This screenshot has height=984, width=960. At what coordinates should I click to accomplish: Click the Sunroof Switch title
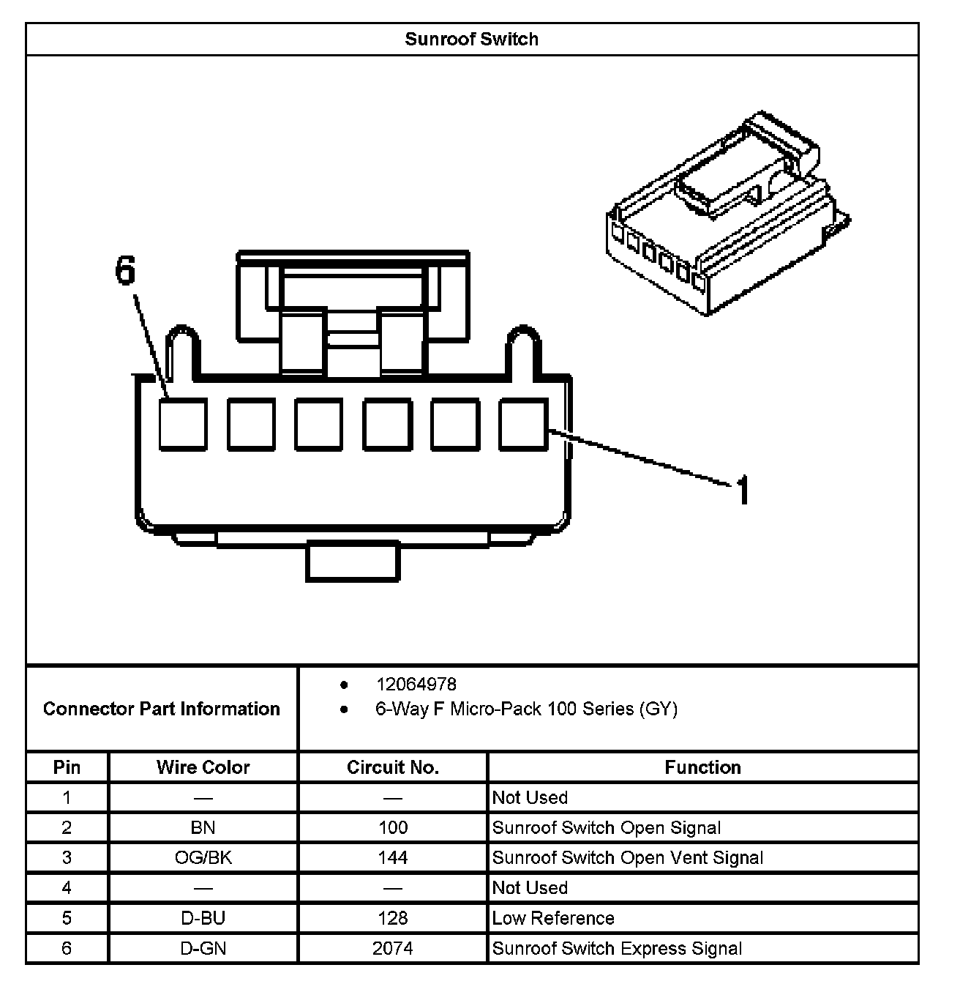(471, 39)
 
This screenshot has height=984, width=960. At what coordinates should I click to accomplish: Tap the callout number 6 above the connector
(126, 270)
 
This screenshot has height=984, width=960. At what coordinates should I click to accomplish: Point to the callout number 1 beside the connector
(742, 490)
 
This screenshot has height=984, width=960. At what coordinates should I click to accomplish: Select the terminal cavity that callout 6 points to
(183, 424)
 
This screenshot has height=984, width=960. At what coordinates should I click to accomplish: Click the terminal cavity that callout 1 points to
(523, 424)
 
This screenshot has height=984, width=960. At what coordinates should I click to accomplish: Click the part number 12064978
(416, 685)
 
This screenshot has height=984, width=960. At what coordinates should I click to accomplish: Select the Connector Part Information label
(162, 709)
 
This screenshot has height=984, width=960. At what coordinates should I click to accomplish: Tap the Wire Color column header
(203, 767)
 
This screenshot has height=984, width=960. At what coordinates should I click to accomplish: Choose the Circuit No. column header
(393, 767)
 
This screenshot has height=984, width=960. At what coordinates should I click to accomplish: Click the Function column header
(702, 767)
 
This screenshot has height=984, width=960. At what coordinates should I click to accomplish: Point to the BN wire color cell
(203, 827)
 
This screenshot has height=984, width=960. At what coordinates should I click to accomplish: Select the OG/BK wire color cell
(203, 857)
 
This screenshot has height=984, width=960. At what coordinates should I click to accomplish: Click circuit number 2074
(393, 948)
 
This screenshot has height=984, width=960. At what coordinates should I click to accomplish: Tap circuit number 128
(393, 918)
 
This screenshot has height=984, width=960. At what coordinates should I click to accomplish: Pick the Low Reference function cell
(553, 918)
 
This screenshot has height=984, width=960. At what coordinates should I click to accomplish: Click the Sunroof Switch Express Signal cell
(617, 948)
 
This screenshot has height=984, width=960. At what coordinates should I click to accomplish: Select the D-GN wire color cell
(203, 948)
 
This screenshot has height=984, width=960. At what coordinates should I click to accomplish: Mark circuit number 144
(393, 857)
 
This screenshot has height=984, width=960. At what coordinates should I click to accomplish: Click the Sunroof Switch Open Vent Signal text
(628, 857)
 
